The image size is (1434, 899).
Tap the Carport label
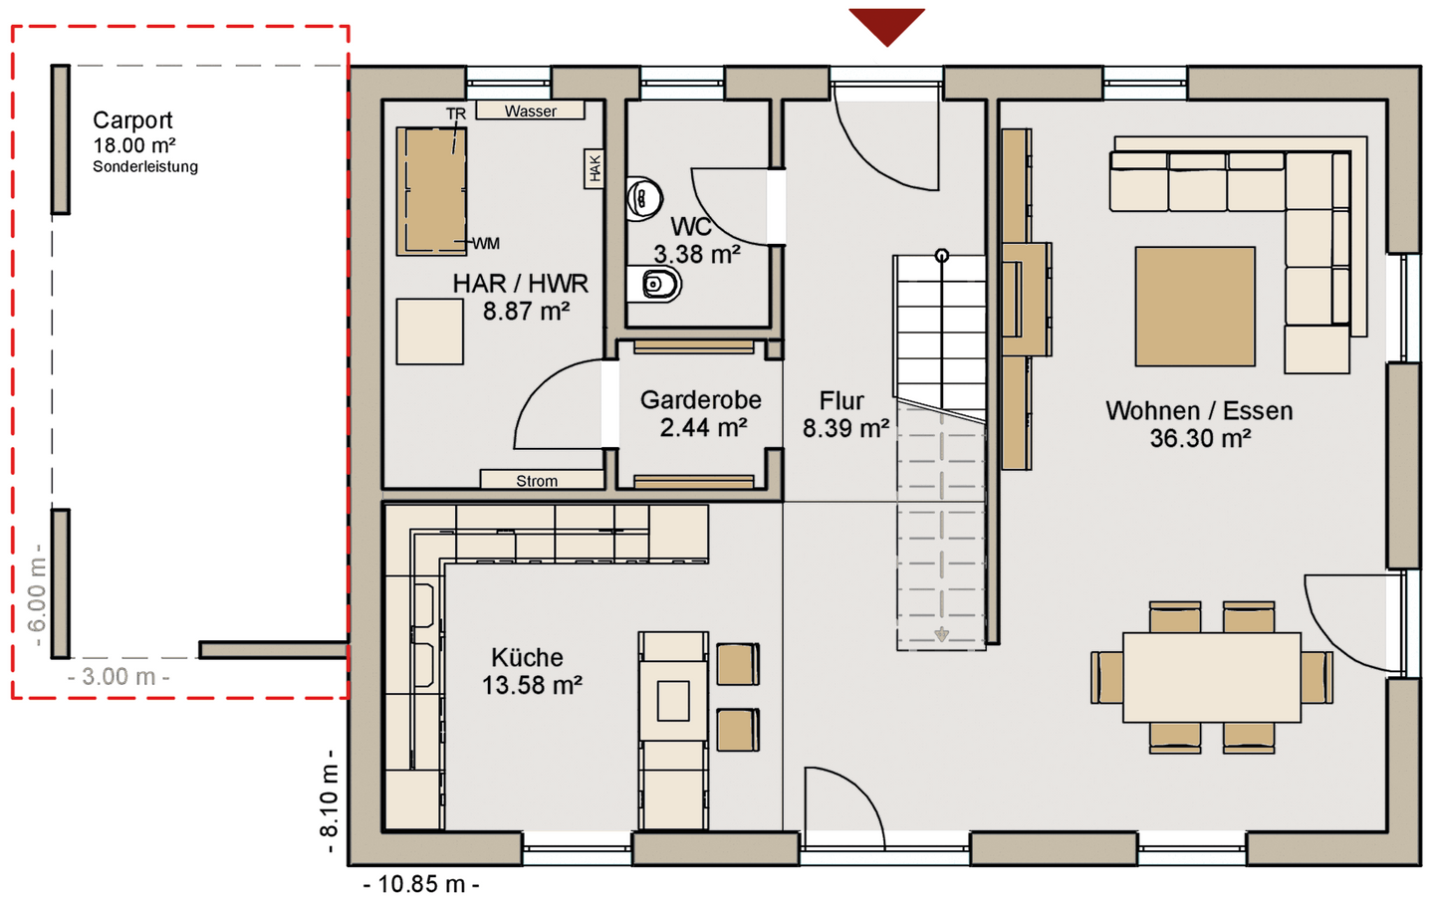coord(132,120)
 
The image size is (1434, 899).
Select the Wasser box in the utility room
coord(530,111)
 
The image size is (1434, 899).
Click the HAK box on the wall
coord(595,169)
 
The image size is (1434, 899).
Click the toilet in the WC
coord(654,284)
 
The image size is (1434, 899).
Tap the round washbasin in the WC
coord(643,199)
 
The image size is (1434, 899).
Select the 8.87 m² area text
coord(526,312)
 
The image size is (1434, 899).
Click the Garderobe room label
coord(700,400)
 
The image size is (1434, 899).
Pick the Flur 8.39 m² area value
coord(845,429)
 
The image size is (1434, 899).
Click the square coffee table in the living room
coord(1195,307)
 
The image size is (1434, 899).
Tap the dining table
coord(1211,677)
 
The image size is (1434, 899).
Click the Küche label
coord(527,657)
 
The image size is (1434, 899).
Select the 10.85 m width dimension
coord(421,884)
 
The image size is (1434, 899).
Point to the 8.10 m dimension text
coord(329,801)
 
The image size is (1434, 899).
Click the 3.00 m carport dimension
coord(119,676)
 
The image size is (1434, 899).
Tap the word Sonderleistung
coord(145,167)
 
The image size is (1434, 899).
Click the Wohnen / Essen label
coord(1199,411)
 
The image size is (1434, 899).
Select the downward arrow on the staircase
coord(941,635)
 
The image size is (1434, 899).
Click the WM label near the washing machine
coord(487,243)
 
